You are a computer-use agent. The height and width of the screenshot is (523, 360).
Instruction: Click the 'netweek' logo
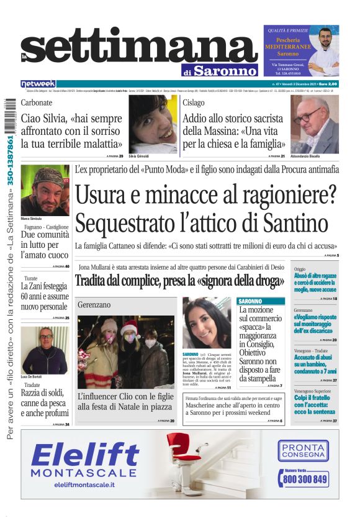pos(38,83)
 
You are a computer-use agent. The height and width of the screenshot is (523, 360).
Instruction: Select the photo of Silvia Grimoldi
pos(153,124)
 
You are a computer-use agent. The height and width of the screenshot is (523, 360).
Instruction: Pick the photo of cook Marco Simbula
pos(45,189)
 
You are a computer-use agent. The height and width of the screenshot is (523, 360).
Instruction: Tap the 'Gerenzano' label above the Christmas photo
pos(94,305)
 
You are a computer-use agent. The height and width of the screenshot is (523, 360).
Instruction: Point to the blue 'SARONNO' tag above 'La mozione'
pos(251,301)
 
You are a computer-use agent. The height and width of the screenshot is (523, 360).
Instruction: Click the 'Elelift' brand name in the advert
pos(85,457)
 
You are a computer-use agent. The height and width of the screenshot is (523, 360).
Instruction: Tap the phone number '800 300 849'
pos(304,479)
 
